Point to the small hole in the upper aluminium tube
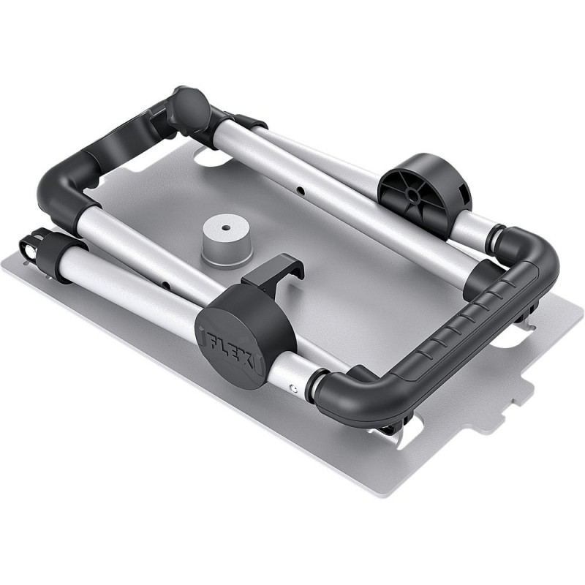click(x=300, y=191)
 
